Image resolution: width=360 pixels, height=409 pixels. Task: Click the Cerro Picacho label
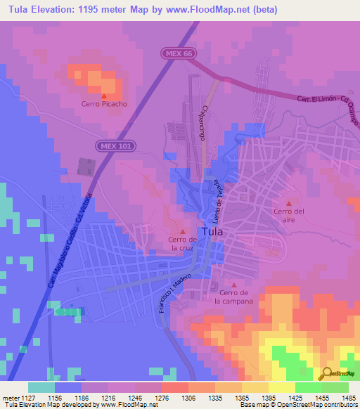104,104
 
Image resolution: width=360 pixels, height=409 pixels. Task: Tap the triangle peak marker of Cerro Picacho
104,96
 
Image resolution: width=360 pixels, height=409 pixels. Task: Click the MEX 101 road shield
115,144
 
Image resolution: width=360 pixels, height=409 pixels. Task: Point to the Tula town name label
213,231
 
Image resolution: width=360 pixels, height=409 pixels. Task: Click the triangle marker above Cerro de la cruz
184,231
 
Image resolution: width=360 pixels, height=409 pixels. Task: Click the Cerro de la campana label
233,296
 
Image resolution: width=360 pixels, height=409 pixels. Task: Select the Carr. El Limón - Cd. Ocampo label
328,107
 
